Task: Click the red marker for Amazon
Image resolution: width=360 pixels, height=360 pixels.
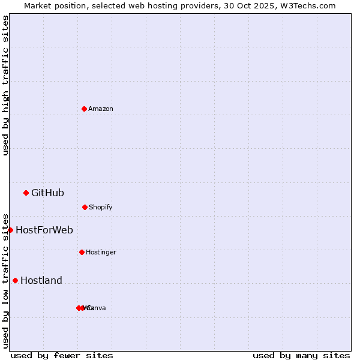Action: tap(84, 109)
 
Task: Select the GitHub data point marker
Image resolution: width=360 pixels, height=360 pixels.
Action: tap(26, 193)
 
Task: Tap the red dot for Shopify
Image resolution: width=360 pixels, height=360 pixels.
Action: tap(85, 207)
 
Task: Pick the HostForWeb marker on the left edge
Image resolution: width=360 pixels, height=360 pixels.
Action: tap(10, 230)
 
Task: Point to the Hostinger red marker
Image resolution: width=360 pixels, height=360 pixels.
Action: tap(82, 252)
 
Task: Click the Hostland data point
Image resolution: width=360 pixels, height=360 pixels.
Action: tap(15, 280)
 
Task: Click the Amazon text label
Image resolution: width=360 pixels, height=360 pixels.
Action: tap(101, 109)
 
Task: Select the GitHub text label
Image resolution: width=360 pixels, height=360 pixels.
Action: tap(47, 193)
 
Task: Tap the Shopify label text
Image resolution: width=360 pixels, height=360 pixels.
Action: tap(101, 207)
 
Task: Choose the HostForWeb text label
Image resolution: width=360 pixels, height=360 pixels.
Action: tap(44, 230)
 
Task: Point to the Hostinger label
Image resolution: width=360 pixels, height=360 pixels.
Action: tap(101, 252)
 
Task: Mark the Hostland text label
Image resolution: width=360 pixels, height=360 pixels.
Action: tap(41, 280)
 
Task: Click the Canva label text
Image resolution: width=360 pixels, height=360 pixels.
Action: tap(97, 308)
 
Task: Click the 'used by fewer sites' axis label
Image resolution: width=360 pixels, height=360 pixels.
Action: tap(62, 355)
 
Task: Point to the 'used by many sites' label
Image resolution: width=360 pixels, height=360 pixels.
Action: tap(301, 355)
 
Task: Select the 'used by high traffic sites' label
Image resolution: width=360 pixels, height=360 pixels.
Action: tap(5, 85)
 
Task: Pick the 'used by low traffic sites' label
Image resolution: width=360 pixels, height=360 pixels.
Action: tap(5, 281)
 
